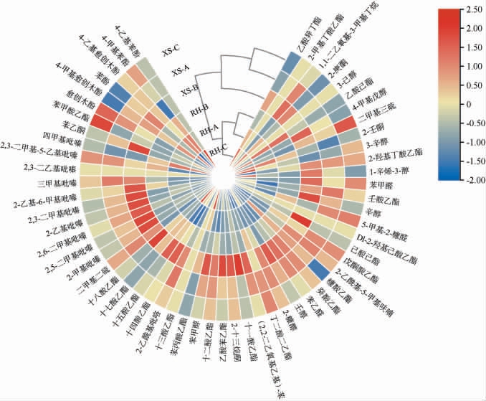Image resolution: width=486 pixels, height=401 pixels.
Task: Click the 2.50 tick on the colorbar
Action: pos(474,11)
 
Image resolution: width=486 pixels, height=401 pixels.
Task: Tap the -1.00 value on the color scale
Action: pos(474,143)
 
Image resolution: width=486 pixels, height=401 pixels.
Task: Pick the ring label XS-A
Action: pos(181,70)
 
